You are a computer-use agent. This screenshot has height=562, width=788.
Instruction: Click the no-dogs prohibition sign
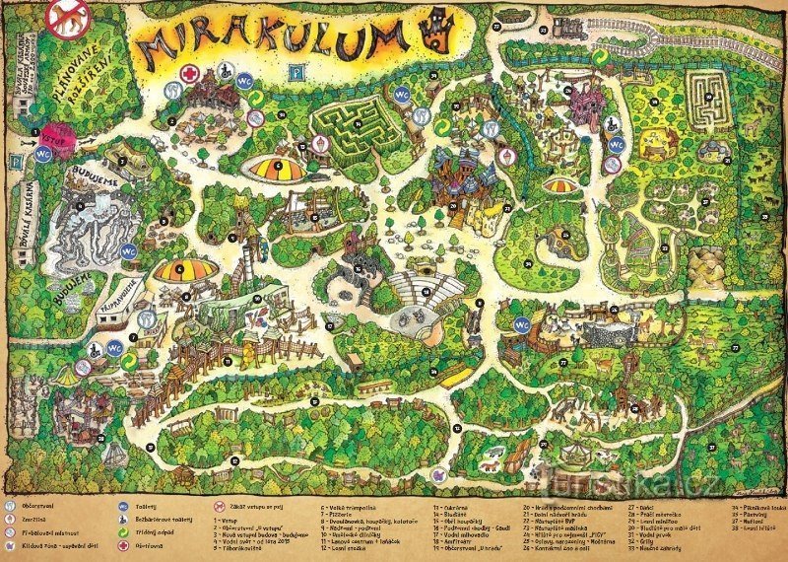click(x=69, y=18)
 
